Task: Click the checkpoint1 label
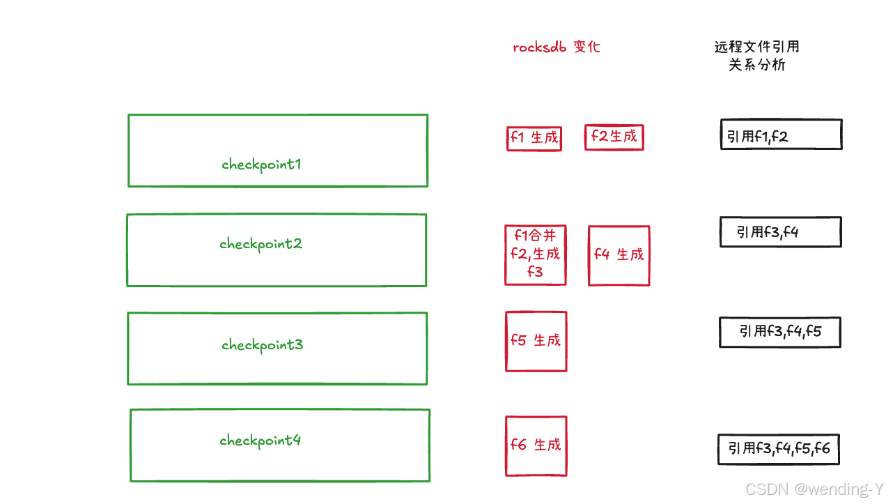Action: pos(261,165)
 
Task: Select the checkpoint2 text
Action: pos(261,244)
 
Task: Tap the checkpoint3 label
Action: pos(263,345)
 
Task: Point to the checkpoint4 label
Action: pos(261,441)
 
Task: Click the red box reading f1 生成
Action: pos(534,138)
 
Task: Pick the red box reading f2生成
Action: pos(614,137)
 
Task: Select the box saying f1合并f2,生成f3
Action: pos(535,254)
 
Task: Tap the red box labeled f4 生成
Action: pos(619,255)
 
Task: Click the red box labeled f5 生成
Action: pos(536,341)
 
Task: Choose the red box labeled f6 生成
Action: pos(536,445)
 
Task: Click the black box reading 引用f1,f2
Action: pos(780,134)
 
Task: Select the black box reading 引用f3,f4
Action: pos(780,232)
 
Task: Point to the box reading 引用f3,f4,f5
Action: pos(779,332)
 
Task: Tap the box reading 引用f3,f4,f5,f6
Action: pos(779,449)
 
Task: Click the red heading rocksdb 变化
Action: pos(556,47)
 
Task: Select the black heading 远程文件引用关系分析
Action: pos(756,56)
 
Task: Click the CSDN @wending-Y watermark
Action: pos(814,489)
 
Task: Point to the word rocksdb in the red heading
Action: pos(540,47)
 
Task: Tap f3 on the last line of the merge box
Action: pos(535,272)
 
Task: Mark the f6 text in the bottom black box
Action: pos(822,448)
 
